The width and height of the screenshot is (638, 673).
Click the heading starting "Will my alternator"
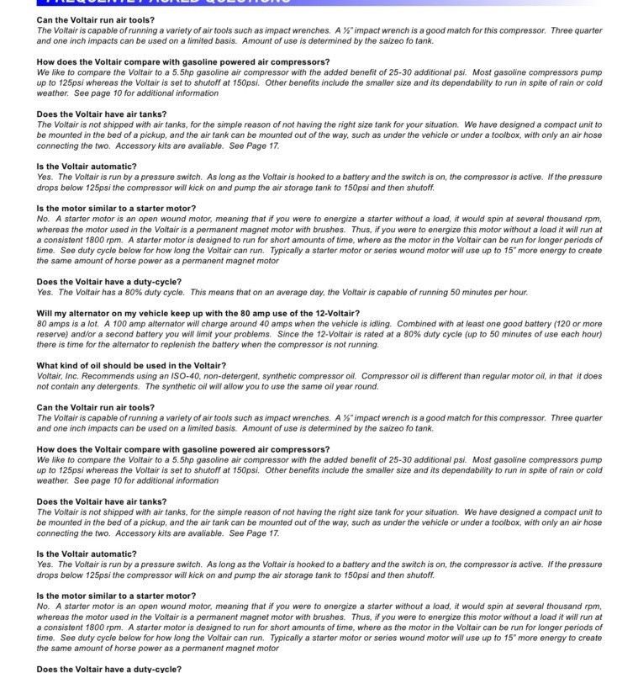coord(198,313)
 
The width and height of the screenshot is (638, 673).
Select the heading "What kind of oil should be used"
coord(130,366)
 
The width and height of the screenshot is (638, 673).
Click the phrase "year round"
coord(358,386)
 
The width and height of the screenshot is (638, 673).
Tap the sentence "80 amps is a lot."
coord(70,324)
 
